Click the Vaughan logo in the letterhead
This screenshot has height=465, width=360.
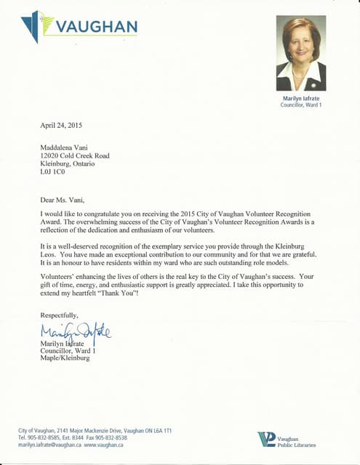[79, 27]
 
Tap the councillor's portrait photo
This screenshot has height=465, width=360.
[301, 53]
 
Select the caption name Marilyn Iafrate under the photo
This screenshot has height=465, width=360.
[301, 98]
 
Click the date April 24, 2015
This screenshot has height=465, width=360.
[61, 126]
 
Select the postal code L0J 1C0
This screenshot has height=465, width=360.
[52, 172]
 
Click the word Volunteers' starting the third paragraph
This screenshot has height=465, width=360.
[61, 276]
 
